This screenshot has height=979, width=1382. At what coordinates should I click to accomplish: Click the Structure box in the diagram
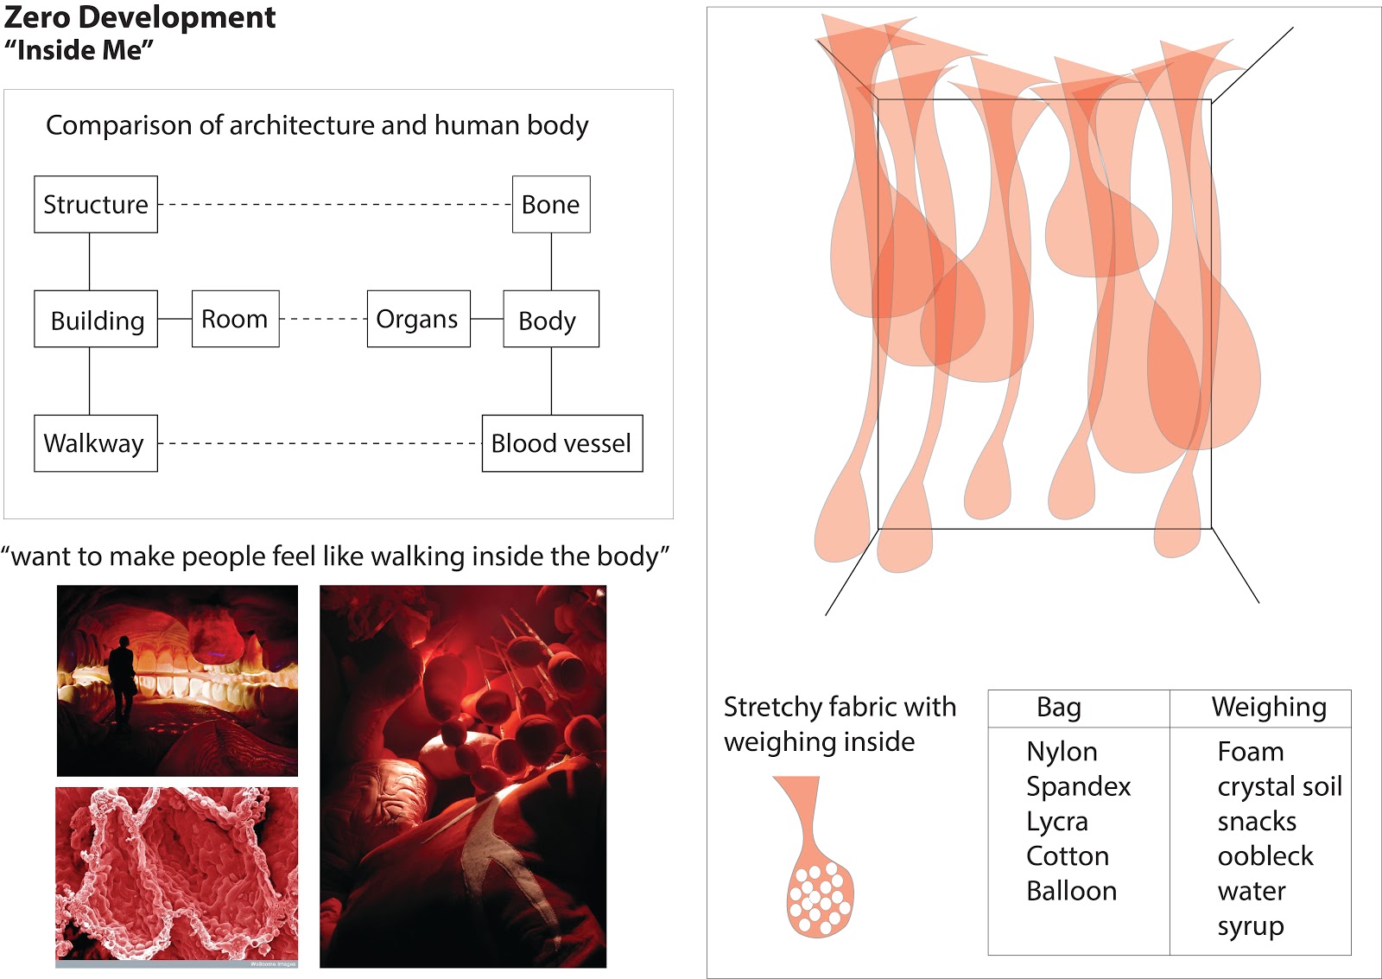[96, 205]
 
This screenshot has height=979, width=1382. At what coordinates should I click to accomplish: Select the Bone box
[551, 205]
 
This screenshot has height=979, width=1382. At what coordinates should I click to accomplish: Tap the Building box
[96, 320]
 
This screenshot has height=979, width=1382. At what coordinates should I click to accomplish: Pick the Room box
[235, 319]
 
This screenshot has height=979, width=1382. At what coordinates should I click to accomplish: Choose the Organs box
[418, 319]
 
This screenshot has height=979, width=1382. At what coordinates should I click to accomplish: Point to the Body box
[550, 320]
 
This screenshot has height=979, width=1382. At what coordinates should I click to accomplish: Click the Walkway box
[96, 443]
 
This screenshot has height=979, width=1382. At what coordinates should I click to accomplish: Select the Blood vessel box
[561, 443]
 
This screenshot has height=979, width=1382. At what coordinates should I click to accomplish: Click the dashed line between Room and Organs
[323, 319]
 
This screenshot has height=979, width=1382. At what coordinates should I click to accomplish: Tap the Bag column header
[1059, 708]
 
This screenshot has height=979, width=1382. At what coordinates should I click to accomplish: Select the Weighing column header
[1269, 707]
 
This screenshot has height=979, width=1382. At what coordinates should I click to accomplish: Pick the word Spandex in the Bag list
[1078, 787]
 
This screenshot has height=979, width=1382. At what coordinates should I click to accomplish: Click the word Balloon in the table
[1071, 891]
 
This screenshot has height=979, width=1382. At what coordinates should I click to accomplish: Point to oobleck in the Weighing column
[1265, 856]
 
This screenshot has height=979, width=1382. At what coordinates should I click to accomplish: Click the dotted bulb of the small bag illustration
[820, 900]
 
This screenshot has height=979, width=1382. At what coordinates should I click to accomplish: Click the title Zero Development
[140, 17]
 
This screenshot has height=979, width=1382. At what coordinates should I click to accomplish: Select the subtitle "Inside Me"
[79, 50]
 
